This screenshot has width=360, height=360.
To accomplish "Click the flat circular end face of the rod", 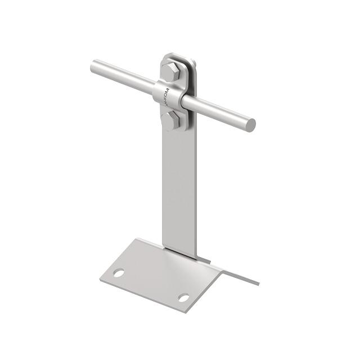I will point(250,125).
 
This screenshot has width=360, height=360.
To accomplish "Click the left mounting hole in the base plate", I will point(119,273).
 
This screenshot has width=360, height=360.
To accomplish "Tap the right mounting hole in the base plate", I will point(183,297).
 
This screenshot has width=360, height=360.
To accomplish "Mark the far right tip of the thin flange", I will point(258,283).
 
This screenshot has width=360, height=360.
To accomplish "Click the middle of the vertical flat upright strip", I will point(179,191).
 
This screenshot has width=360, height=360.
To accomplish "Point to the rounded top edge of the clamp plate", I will point(179,56).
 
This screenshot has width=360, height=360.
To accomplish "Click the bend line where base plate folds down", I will point(214,287).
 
